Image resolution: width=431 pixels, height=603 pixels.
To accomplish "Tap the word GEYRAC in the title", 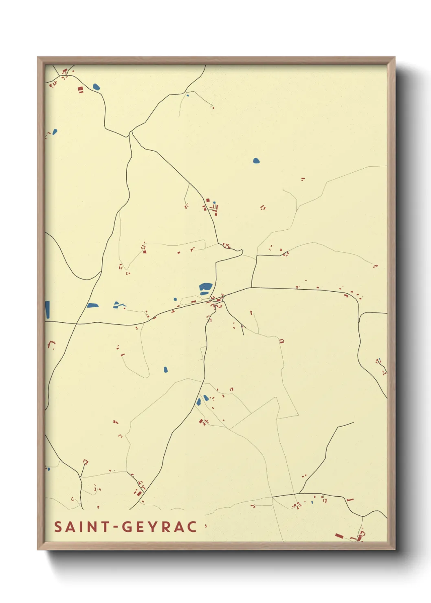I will pos(160,527).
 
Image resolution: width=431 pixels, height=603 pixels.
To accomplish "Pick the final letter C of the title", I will pos(192,527).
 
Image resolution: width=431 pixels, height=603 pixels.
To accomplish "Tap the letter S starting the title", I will pos(58,527).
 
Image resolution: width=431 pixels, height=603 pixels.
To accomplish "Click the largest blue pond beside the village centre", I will pos(206,287).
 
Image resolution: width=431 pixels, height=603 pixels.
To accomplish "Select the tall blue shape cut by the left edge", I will pos(47,310).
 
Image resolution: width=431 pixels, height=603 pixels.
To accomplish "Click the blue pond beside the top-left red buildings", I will pos(96,87).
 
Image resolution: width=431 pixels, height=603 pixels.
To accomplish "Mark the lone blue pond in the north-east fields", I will pos(256,161).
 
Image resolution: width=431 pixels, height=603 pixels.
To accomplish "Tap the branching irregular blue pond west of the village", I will pos(119,305).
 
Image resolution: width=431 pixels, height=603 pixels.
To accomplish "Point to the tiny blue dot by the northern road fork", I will pos(187,96).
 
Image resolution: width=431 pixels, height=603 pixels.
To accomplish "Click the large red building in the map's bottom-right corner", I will pos(339,536).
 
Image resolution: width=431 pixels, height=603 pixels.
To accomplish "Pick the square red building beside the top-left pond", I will pos(80,88).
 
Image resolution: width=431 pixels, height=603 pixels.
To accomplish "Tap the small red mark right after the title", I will pos(206,526).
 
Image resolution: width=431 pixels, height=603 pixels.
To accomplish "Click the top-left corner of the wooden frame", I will pos(38,57).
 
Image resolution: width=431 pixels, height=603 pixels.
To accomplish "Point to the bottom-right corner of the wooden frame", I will pos(394,549).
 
